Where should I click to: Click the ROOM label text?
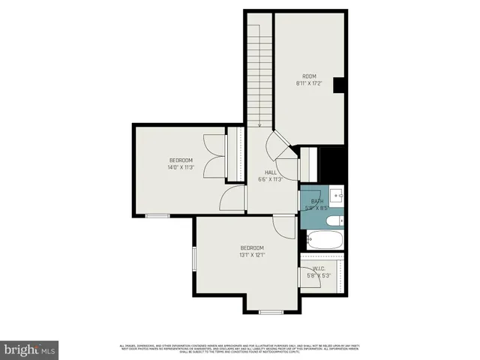pyautogui.click(x=310, y=76)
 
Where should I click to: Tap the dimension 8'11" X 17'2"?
pyautogui.click(x=310, y=83)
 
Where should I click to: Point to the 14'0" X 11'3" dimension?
pyautogui.click(x=181, y=167)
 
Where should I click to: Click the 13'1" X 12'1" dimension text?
pyautogui.click(x=252, y=255)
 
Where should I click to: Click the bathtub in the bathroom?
pyautogui.click(x=325, y=241)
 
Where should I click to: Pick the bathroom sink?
pyautogui.click(x=337, y=196)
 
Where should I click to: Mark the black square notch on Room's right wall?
pyautogui.click(x=338, y=85)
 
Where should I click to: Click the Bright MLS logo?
pyautogui.click(x=30, y=349)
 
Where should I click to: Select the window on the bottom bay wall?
pyautogui.click(x=271, y=311)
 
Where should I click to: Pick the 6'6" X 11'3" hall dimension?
pyautogui.click(x=270, y=179)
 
